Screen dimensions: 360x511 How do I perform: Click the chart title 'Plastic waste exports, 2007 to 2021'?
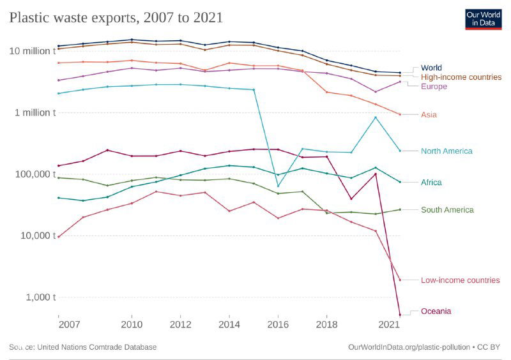coord(116,17)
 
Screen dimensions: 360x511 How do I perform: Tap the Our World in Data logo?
coord(483,19)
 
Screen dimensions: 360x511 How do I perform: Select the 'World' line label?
coord(431,68)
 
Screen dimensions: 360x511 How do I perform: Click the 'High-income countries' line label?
coord(461,77)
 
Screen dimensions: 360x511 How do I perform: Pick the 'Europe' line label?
coord(434,86)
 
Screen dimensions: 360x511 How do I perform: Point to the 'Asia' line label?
coord(429,115)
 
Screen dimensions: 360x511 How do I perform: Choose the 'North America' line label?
coord(446,151)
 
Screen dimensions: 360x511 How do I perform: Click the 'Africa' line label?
coord(431,183)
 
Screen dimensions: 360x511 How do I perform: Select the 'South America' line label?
coord(447,210)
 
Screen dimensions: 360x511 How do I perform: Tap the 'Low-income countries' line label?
coord(460,280)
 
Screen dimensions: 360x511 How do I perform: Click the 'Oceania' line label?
coord(436,311)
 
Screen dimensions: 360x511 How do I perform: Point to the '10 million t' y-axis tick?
coord(32,51)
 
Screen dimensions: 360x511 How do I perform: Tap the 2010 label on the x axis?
coord(132,324)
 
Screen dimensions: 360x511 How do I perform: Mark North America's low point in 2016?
coord(278,186)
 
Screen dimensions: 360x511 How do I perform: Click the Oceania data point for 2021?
coord(400,315)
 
